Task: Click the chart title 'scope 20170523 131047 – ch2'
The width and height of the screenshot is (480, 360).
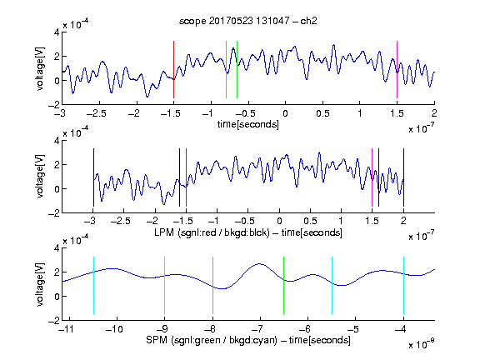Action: pyautogui.click(x=248, y=21)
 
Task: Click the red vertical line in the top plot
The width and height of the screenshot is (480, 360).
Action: pyautogui.click(x=173, y=69)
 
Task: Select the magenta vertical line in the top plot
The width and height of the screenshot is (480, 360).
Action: pyautogui.click(x=397, y=69)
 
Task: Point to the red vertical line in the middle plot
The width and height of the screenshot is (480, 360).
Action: pyautogui.click(x=186, y=177)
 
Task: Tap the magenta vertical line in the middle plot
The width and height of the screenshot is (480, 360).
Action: pyautogui.click(x=372, y=177)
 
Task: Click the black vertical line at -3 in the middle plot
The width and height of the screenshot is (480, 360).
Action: pyautogui.click(x=93, y=177)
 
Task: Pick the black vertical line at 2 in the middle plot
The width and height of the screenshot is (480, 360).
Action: pyautogui.click(x=403, y=177)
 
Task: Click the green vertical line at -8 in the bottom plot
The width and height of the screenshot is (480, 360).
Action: pyautogui.click(x=212, y=285)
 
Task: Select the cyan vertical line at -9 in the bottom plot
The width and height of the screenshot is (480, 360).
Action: pyautogui.click(x=165, y=285)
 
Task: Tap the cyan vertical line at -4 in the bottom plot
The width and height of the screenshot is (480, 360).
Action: pyautogui.click(x=404, y=285)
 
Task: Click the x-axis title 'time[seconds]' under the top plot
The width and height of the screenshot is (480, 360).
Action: pyautogui.click(x=248, y=124)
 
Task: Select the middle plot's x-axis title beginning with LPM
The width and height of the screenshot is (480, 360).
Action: pyautogui.click(x=248, y=232)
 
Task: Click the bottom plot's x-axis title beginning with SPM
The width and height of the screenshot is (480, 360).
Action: pyautogui.click(x=248, y=340)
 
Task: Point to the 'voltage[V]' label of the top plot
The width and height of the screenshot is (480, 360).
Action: pyautogui.click(x=40, y=69)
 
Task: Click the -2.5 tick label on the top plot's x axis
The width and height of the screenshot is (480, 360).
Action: pyautogui.click(x=97, y=113)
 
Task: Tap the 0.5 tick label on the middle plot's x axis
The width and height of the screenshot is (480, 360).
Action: pyautogui.click(x=310, y=221)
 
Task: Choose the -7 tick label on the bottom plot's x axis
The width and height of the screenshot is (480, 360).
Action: pyautogui.click(x=260, y=329)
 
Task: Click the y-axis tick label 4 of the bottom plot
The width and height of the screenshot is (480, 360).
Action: pyautogui.click(x=57, y=248)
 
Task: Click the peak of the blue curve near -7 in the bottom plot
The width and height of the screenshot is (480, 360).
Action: pyautogui.click(x=260, y=263)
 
